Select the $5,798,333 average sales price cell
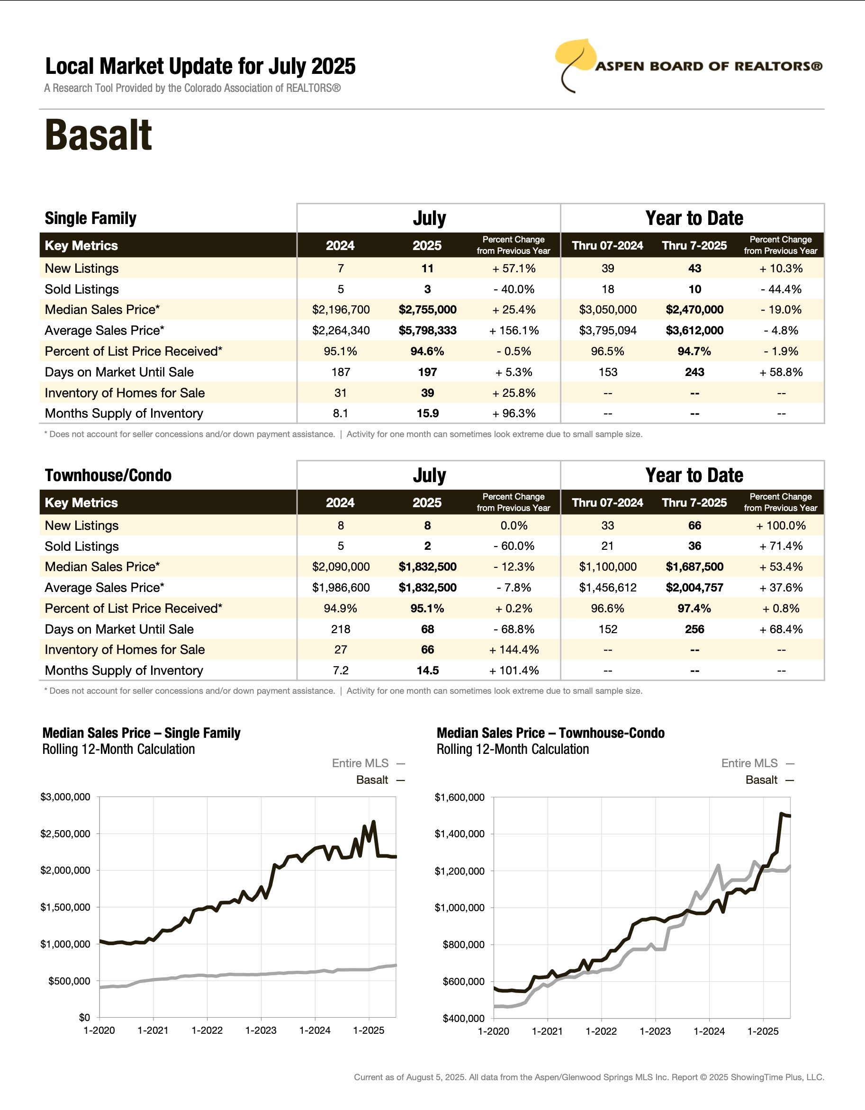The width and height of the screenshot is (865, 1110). coord(427,331)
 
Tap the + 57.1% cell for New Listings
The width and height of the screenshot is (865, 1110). coord(514,269)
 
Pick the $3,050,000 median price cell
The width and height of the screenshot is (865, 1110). coord(608,310)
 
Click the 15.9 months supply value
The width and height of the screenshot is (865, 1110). coord(427,413)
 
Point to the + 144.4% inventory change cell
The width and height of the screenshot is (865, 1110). coord(514,650)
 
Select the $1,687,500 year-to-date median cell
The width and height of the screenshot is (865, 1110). coord(694,567)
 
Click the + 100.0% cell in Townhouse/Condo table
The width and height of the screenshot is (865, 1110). coord(781,526)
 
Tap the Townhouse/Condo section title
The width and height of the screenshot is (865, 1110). coord(108,475)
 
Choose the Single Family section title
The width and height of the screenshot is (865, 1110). coord(90,218)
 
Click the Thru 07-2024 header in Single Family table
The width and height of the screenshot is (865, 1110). coord(607,245)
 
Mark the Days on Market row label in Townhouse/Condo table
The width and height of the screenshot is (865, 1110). coord(119,629)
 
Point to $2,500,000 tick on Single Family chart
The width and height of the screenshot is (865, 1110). coord(65,833)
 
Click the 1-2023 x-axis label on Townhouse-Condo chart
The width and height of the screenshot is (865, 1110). coord(655,1031)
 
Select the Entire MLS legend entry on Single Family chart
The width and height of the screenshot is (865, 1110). coord(360,763)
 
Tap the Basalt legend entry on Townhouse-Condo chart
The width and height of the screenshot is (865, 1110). coord(761,780)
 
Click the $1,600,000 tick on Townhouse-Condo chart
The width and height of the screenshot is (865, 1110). coord(459,797)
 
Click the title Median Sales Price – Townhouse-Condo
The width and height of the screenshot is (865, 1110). coord(550,733)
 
